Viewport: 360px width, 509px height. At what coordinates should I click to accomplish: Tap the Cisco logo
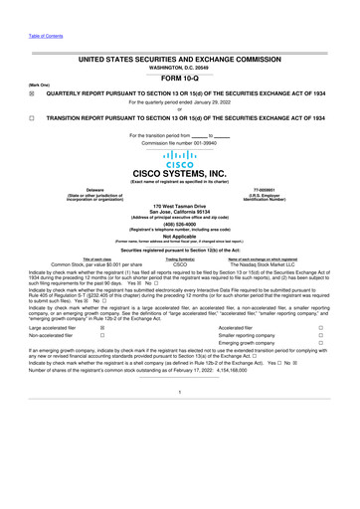[180, 164]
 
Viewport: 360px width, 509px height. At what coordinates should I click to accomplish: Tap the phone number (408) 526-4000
[180, 252]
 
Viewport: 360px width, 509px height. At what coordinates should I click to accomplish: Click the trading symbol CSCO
[180, 292]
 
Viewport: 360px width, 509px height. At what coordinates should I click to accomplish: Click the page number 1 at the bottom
[180, 473]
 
